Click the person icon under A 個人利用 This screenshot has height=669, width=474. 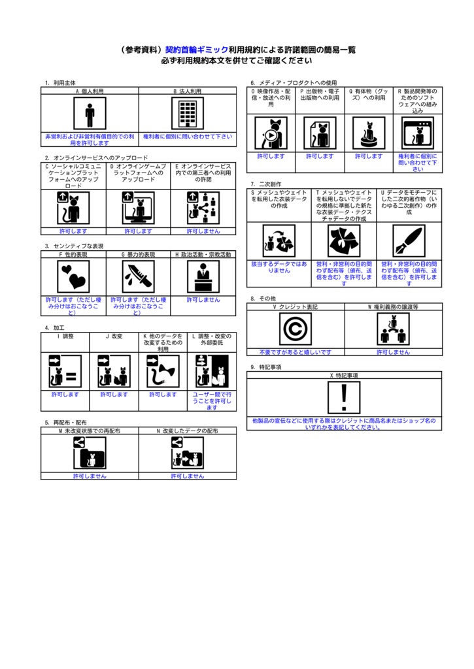[90, 114]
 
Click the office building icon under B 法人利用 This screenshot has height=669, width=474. [188, 114]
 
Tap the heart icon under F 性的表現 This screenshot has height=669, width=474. [73, 276]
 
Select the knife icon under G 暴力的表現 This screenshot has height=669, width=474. [139, 276]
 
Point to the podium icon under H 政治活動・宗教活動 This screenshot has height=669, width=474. [203, 276]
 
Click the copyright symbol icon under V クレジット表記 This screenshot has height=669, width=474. [296, 329]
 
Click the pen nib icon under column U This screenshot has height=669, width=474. [409, 240]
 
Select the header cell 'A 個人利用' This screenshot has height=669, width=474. [90, 91]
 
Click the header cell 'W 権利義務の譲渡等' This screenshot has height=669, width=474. [394, 306]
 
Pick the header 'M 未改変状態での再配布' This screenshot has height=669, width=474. [90, 431]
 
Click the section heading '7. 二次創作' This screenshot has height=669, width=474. [262, 184]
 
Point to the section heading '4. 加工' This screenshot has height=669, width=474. [55, 327]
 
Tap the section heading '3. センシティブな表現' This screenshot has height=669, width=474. [74, 246]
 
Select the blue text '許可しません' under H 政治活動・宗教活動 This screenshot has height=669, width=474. [203, 299]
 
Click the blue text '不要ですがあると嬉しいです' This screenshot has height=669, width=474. [296, 352]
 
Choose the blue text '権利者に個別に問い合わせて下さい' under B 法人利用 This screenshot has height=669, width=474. [188, 137]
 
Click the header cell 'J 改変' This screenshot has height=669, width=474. [114, 336]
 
